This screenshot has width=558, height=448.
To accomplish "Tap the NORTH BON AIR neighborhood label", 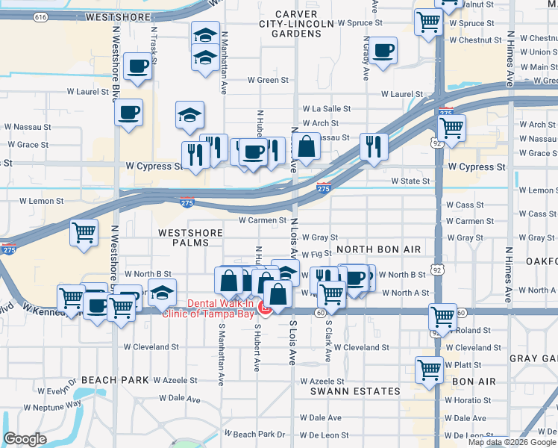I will (379, 249).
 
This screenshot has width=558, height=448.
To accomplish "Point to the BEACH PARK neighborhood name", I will (115, 380).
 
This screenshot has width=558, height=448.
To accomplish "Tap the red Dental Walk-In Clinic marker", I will (264, 307).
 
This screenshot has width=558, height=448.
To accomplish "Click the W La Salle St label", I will (325, 108).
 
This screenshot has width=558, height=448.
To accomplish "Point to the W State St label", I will (410, 181).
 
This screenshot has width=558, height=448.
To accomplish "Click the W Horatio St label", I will (468, 400).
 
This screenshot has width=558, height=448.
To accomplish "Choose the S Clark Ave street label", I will (327, 342).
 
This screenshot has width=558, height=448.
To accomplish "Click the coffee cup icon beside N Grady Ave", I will (383, 51).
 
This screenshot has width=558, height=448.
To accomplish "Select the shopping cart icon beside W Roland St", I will (443, 317).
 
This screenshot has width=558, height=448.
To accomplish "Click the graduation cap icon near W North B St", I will (161, 293).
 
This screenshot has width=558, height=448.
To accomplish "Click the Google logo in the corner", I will (25, 439).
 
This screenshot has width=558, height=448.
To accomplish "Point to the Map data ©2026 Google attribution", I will (512, 442).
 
